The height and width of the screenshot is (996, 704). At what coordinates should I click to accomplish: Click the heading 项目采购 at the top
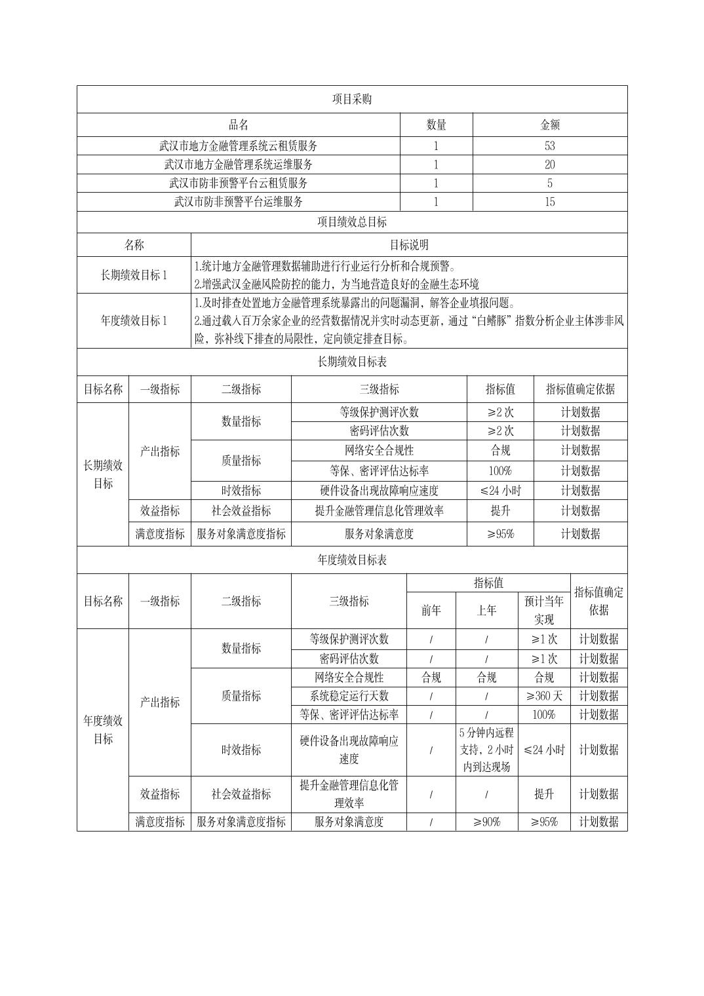click(352, 99)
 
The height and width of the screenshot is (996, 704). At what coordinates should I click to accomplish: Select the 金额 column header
click(549, 125)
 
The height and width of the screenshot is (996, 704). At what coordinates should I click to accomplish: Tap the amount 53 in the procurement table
click(549, 145)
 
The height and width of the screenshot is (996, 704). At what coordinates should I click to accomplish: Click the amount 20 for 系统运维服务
click(549, 164)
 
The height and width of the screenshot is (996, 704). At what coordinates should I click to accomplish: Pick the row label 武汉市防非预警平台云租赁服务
click(238, 183)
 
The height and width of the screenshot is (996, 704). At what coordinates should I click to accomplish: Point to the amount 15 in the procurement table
click(549, 202)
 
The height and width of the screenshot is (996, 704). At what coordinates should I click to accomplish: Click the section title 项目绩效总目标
click(352, 221)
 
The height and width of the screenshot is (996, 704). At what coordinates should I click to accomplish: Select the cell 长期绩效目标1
click(134, 275)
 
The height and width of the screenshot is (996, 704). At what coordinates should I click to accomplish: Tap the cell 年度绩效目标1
click(134, 320)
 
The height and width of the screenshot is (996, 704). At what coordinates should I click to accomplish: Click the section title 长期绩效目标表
click(352, 361)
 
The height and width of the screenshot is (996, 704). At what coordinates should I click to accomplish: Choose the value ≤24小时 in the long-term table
click(500, 490)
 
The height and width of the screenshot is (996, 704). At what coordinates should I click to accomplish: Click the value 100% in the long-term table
click(500, 470)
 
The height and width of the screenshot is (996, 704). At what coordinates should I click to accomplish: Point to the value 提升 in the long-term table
click(500, 510)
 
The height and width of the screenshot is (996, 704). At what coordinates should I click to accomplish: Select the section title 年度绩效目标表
click(352, 560)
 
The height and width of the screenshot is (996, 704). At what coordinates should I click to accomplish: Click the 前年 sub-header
click(431, 610)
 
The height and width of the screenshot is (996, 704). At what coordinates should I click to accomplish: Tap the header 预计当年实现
click(543, 610)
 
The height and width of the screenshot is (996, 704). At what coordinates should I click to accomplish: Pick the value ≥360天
click(543, 696)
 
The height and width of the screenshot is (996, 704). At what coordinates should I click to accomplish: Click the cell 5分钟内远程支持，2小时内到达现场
click(486, 750)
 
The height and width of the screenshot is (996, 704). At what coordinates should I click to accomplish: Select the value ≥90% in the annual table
click(486, 822)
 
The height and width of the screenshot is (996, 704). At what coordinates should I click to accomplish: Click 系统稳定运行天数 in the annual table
click(349, 696)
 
